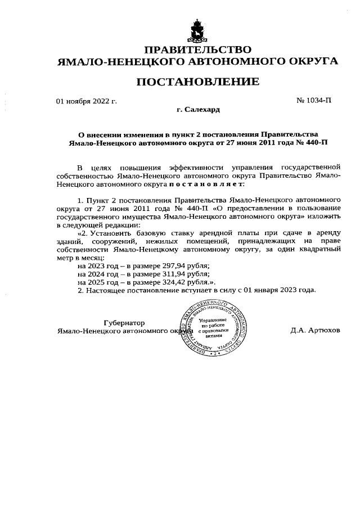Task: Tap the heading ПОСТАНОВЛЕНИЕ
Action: pos(197,82)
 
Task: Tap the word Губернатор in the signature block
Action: pos(124,323)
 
